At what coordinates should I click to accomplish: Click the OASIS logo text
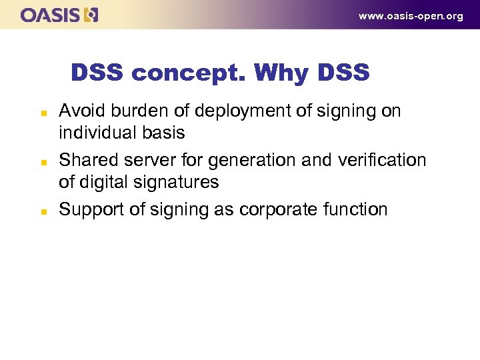point(51,15)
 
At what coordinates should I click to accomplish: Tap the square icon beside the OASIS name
point(91,15)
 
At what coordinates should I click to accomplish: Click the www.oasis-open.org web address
point(411,16)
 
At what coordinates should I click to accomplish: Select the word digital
point(101,182)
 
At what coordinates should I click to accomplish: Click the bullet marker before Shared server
point(42,161)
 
